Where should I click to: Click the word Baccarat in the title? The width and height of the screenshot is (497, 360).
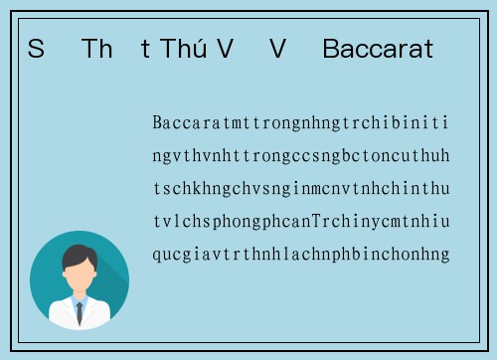(378, 49)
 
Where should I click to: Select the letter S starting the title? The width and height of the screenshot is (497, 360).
(36, 49)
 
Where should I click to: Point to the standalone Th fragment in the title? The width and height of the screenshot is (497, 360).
(97, 49)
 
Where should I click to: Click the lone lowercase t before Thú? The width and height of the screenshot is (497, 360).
(146, 49)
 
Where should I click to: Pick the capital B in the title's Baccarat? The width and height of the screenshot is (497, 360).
(331, 49)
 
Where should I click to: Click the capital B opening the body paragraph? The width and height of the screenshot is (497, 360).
(157, 123)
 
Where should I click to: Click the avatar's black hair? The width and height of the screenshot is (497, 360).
(79, 254)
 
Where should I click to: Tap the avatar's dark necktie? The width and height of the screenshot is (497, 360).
(79, 311)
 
